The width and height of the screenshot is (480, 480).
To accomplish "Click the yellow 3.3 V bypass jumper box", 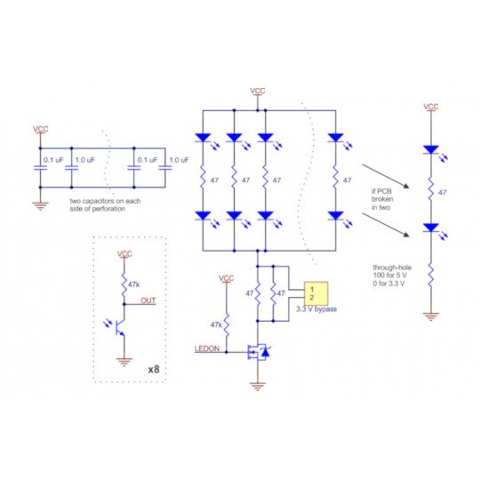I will pyautogui.click(x=315, y=294).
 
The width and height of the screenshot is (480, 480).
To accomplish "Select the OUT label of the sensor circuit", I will pyautogui.click(x=148, y=300).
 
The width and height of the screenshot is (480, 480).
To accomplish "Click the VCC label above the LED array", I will pyautogui.click(x=257, y=91).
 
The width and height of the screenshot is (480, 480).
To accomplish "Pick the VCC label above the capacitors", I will pyautogui.click(x=41, y=130).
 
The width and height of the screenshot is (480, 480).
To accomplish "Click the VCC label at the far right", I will pyautogui.click(x=431, y=107).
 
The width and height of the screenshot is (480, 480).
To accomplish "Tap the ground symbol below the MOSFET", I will pyautogui.click(x=258, y=385).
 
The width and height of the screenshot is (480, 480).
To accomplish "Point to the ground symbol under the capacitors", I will pyautogui.click(x=40, y=204).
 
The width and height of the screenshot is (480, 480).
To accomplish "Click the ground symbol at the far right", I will pyautogui.click(x=431, y=315).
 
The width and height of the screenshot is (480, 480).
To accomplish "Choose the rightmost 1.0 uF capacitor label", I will pyautogui.click(x=179, y=160).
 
